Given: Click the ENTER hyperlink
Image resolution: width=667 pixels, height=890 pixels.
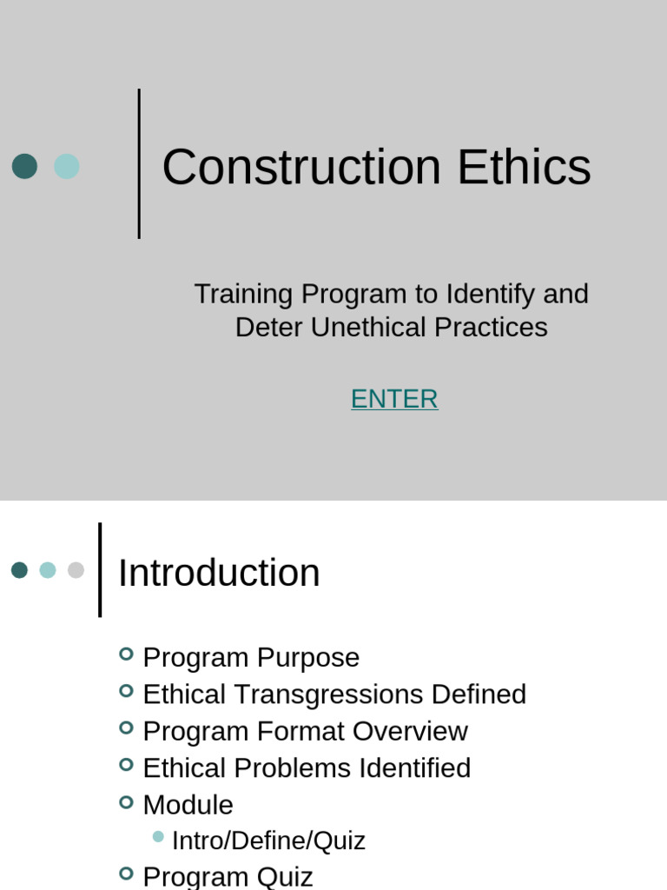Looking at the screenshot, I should pyautogui.click(x=394, y=399).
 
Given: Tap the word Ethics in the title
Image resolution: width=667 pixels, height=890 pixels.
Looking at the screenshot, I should pyautogui.click(x=525, y=167).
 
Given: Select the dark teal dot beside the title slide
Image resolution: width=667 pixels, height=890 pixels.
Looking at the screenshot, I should pyautogui.click(x=24, y=166).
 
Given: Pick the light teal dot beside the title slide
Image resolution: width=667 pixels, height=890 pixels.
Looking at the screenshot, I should pyautogui.click(x=67, y=166).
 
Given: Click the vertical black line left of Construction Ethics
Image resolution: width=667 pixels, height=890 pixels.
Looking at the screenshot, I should pyautogui.click(x=139, y=163).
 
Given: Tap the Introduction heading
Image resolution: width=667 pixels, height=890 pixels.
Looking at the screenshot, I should pyautogui.click(x=219, y=574).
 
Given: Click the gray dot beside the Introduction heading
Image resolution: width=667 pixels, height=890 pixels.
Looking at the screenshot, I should pyautogui.click(x=76, y=570).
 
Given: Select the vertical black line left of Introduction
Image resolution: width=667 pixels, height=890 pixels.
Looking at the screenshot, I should pyautogui.click(x=100, y=570).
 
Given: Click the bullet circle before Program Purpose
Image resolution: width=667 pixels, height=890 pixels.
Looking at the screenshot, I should pyautogui.click(x=126, y=654).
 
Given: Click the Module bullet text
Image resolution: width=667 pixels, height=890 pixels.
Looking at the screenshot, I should pyautogui.click(x=188, y=805).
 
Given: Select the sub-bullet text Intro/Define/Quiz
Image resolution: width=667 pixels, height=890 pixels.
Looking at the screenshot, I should pyautogui.click(x=268, y=840).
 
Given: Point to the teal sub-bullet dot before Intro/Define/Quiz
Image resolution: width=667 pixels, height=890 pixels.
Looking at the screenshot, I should pyautogui.click(x=158, y=837).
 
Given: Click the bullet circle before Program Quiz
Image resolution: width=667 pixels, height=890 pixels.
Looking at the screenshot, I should pyautogui.click(x=126, y=873).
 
